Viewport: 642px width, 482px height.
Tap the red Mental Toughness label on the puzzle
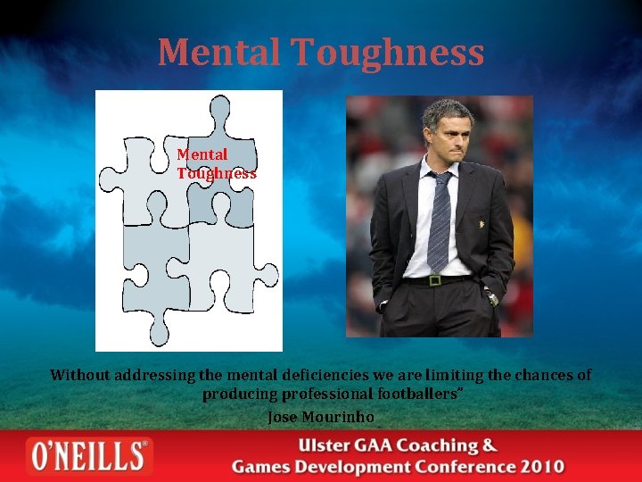tap(216, 164)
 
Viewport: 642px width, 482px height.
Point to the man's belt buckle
tap(435, 280)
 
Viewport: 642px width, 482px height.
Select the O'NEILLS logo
tap(88, 456)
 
